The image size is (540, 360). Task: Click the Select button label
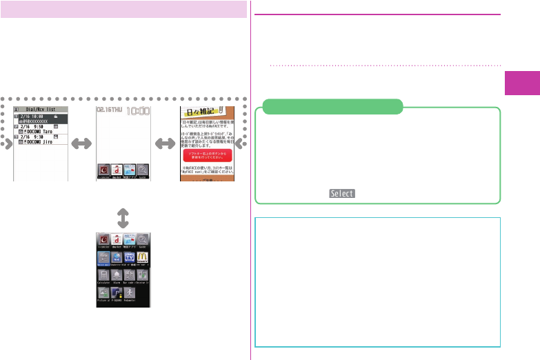tap(342, 194)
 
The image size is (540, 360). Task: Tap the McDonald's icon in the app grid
tap(143, 257)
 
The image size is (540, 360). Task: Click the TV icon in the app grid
tap(129, 257)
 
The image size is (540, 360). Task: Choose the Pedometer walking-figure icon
tap(129, 292)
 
